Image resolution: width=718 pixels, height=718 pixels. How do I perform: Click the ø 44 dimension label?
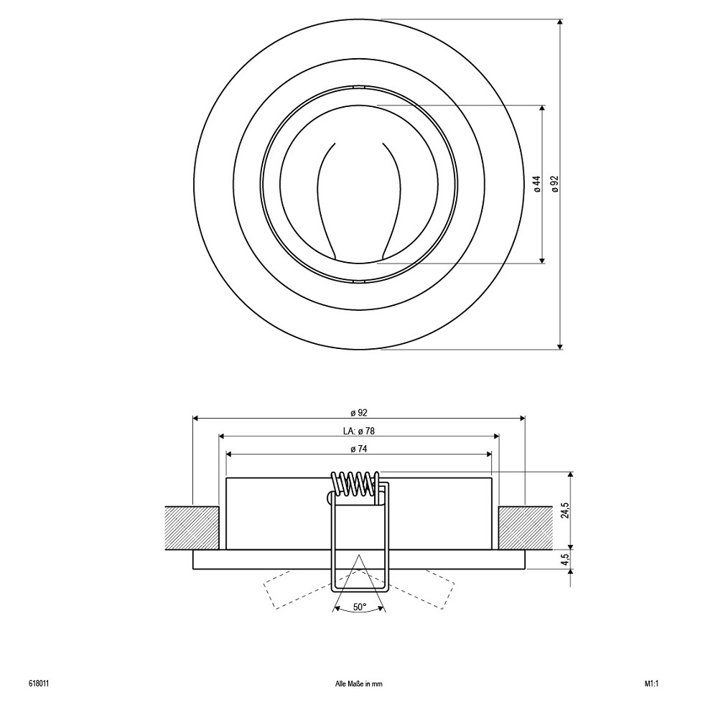pyautogui.click(x=538, y=184)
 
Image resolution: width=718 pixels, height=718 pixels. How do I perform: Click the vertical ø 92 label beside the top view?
pyautogui.click(x=556, y=184)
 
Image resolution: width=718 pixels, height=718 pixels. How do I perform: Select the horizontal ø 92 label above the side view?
pyautogui.click(x=359, y=413)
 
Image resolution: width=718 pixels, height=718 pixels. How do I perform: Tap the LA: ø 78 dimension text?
pyautogui.click(x=359, y=431)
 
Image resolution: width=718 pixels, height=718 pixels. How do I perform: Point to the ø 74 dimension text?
pyautogui.click(x=359, y=449)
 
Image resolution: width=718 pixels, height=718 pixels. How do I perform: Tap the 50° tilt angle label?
pyautogui.click(x=360, y=607)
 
